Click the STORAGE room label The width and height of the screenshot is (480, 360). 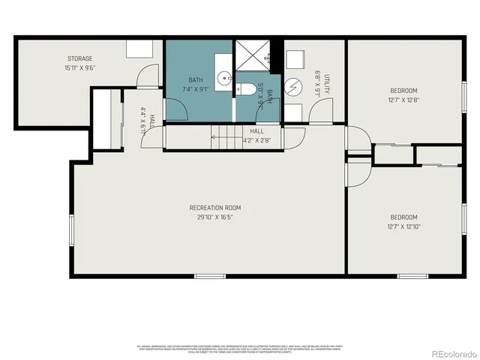click(x=80, y=58)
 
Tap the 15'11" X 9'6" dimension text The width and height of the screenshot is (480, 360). click(x=80, y=68)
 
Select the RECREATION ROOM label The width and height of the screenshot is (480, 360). click(x=215, y=208)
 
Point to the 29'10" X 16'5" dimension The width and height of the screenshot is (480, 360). click(x=215, y=217)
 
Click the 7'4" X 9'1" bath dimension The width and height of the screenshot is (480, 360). click(x=196, y=88)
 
